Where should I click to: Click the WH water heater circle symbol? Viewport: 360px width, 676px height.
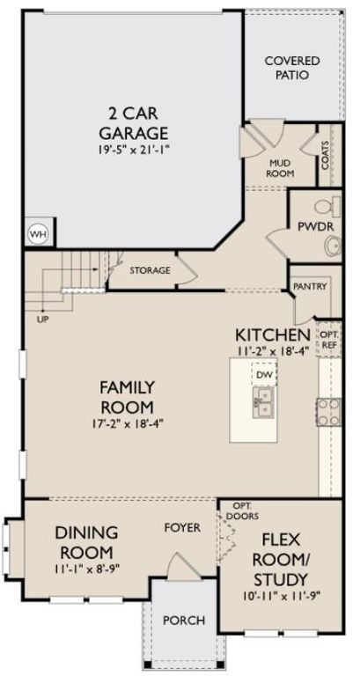coord(37,234)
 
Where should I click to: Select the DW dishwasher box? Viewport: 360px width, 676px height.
coord(262,376)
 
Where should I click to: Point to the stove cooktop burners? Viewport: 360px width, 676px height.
coord(328,406)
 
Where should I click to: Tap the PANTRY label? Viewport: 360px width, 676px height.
coord(311,286)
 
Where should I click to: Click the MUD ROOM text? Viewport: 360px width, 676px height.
coord(281,167)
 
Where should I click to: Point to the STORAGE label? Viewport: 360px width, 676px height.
coord(150,270)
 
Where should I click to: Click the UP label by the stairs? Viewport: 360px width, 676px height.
coord(43,319)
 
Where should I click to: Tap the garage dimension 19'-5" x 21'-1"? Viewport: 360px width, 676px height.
coord(135,151)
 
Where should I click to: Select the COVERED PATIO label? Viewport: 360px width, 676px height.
coord(292,68)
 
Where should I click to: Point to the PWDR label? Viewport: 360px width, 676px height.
coord(312,226)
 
